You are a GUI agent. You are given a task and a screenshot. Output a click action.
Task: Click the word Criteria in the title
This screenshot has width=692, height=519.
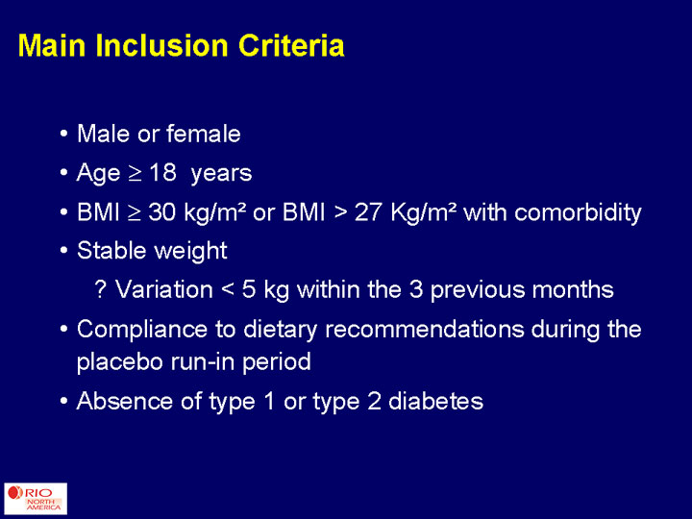coord(291,45)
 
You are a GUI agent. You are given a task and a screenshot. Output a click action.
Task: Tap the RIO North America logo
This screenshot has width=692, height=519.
coord(36,499)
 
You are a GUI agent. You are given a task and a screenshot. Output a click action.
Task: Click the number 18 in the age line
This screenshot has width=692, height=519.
coord(162,172)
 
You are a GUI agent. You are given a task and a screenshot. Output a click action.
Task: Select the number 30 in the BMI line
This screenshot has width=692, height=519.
coord(162,212)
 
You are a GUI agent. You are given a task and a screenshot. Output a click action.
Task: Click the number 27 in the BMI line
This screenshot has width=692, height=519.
coord(368,212)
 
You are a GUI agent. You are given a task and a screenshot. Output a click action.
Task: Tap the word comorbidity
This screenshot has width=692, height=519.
coord(578,213)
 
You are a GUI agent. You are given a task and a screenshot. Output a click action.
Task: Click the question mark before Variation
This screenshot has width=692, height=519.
coord(101,289)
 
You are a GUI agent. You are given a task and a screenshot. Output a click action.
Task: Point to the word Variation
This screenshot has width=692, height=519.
coord(164,289)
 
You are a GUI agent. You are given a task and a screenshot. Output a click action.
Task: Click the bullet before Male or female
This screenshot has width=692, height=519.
coord(64,134)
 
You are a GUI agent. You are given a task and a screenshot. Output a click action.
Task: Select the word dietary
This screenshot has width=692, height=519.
coord(280,330)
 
